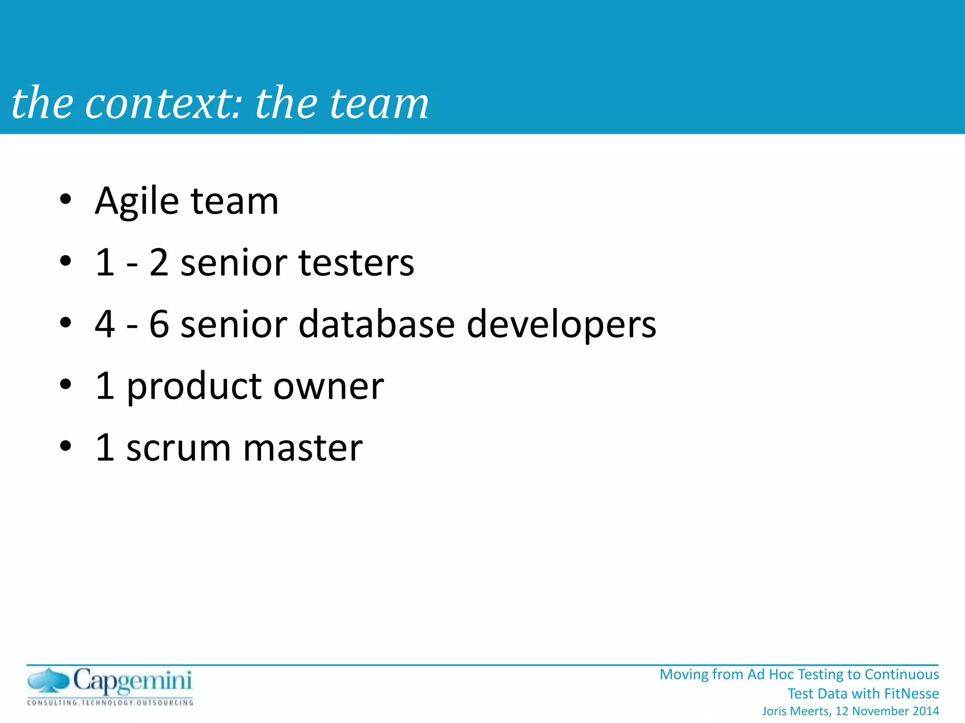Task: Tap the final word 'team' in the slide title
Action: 379,103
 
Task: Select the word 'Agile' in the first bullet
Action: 137,201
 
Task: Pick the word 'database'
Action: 376,324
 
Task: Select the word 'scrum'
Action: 179,448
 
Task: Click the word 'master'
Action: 303,448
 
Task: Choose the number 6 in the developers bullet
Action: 159,324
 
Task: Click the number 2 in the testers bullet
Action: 159,263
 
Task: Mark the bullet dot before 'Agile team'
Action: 65,200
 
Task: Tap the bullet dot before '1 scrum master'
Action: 65,445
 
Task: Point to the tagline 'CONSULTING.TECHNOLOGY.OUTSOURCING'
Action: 110,703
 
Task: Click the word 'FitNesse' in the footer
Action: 911,693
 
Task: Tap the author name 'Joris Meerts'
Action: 796,711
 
